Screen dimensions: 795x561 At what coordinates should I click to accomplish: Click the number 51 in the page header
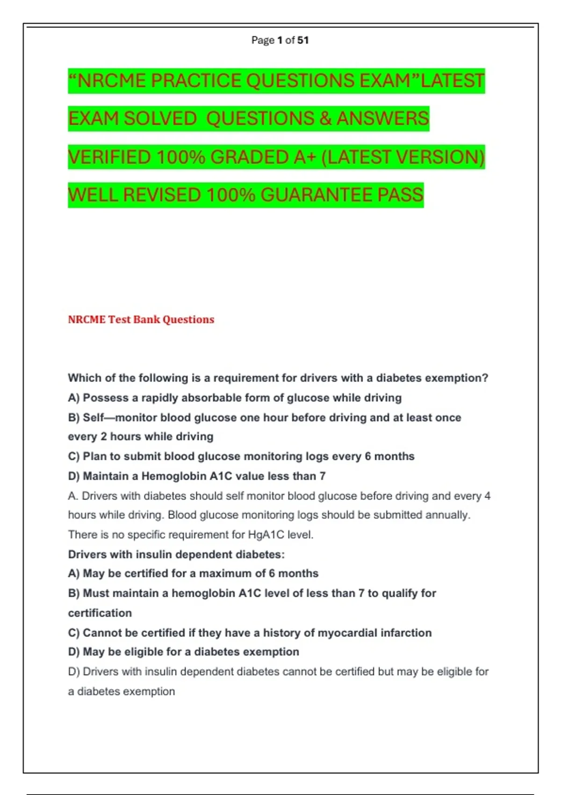click(x=303, y=40)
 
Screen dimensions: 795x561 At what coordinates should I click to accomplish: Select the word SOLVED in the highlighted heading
click(x=160, y=119)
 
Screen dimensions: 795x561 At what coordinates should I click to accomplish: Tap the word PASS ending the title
click(x=400, y=195)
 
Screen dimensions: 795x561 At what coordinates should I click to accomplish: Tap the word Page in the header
click(x=263, y=40)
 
